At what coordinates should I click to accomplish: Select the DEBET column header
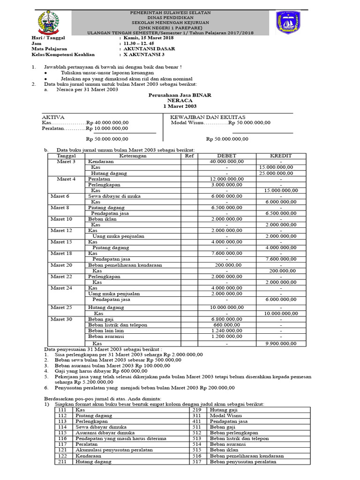coord(227,156)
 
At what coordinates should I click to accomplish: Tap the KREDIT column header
coord(281,156)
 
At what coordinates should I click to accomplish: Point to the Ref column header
coord(189,156)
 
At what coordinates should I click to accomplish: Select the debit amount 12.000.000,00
coord(227,179)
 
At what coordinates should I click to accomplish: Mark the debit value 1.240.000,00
coord(227,330)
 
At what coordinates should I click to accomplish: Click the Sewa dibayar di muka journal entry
coord(114,196)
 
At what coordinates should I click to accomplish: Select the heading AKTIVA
coord(53,117)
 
